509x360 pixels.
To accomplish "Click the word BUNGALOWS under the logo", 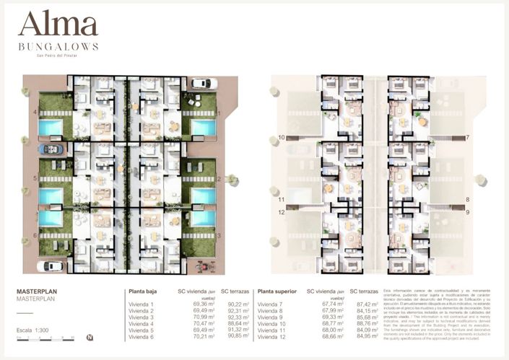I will coord(58,47).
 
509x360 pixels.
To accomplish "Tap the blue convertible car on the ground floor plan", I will coord(51,149).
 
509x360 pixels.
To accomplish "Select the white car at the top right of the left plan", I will coord(203,84).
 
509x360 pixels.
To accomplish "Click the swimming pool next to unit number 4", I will coord(51,128).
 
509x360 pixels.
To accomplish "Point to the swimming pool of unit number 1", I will coord(204,128).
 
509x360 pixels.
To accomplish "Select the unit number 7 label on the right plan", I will coord(467,137).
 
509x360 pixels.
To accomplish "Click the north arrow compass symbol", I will coord(89,337).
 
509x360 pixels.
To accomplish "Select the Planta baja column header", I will coord(143,291).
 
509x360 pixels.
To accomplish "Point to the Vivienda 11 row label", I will coord(273,330).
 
